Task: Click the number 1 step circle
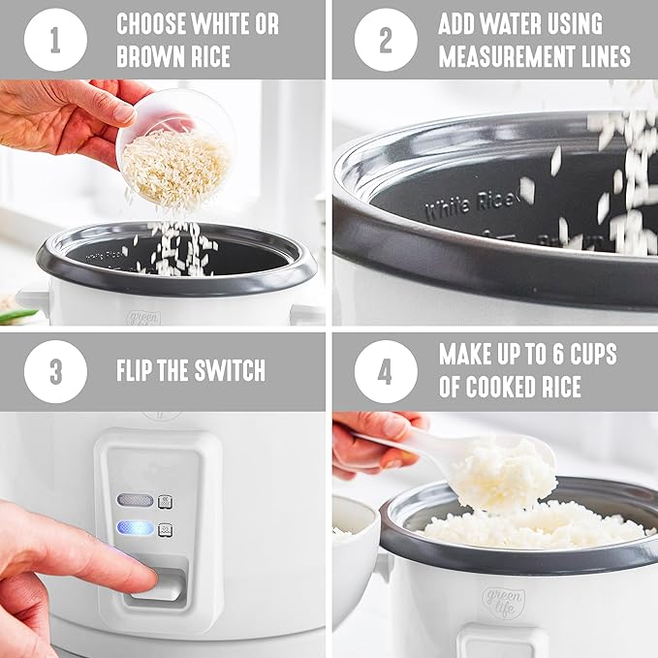tap(55, 40)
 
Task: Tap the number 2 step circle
tap(385, 40)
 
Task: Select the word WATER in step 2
tap(518, 24)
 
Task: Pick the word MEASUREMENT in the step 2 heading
tap(503, 56)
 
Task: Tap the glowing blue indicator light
tap(135, 528)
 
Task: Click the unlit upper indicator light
tap(135, 500)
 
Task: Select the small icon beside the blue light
tap(165, 530)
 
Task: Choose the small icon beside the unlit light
tap(165, 501)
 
